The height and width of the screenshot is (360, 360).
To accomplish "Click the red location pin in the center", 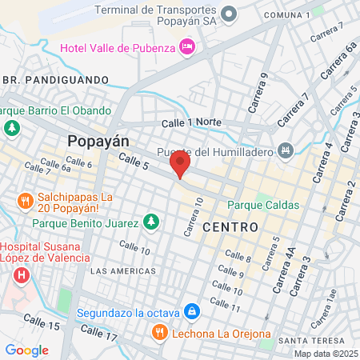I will tap(180, 166).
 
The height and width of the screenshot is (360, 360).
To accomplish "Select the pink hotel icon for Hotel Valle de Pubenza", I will tap(187, 47).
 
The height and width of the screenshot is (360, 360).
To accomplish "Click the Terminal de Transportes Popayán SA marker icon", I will tap(230, 14).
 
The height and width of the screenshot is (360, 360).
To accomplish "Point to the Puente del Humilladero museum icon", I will tap(286, 150).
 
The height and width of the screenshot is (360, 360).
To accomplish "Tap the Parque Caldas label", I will tap(263, 205).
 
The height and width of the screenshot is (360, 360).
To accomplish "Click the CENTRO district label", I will tap(230, 227).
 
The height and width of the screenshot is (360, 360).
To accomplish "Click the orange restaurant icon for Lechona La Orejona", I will tap(160, 331).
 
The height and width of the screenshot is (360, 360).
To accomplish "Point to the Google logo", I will tap(26, 350).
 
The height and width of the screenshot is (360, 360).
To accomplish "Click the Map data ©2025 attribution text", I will tap(324, 354).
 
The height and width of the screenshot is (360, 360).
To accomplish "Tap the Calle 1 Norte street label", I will tap(190, 122).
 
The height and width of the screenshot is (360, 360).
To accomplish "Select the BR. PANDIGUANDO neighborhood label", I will tap(55, 80).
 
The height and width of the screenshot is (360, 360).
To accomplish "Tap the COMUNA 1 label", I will tap(286, 15).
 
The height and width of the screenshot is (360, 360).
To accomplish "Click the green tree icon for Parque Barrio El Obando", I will tap(11, 127).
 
